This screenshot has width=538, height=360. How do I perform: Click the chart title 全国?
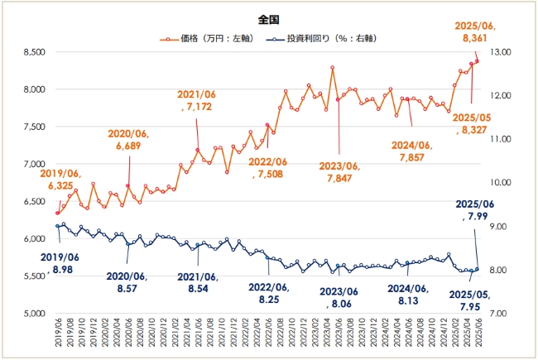point(268,17)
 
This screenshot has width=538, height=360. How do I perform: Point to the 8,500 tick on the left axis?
point(33,52)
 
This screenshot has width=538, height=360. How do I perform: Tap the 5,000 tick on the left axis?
point(33,314)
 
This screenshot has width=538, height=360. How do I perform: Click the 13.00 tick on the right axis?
point(502,52)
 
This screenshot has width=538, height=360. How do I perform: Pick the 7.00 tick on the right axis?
point(502,314)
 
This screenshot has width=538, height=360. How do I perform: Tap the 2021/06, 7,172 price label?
point(197,100)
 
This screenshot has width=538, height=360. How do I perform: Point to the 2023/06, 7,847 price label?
point(340,171)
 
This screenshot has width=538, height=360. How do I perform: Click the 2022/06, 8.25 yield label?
point(268,292)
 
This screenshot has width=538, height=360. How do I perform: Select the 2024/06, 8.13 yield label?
point(409,294)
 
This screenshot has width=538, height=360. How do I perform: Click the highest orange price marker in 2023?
point(333,68)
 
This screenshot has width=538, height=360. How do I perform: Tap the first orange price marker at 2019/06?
point(57,213)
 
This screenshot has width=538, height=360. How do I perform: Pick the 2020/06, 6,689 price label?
point(127,140)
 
